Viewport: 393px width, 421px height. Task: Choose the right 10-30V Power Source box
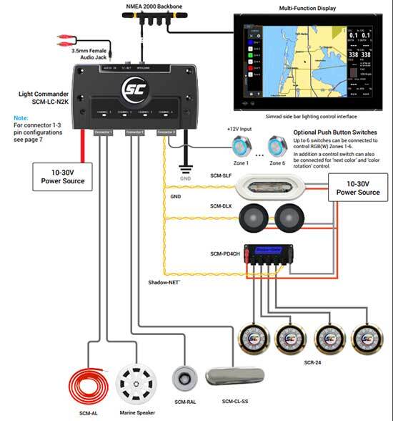[x=358, y=188]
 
